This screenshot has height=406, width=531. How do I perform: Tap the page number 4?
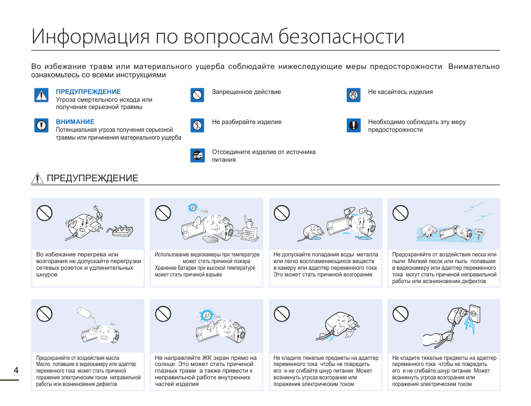[16, 370]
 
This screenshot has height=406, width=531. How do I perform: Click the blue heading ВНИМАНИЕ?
[75, 122]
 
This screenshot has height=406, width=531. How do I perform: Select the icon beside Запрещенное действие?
[197, 95]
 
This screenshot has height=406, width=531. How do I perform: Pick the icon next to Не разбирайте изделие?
[197, 125]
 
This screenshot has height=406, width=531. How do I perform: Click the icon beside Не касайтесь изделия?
[353, 95]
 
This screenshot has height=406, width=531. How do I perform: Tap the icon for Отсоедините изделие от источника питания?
[197, 155]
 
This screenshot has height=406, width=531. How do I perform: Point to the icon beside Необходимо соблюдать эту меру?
[353, 125]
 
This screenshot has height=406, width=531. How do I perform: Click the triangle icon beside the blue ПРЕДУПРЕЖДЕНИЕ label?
[41, 95]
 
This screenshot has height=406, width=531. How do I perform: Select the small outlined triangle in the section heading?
[37, 179]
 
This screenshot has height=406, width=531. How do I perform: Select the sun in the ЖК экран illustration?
[207, 315]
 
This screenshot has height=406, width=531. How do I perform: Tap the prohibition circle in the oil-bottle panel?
[45, 314]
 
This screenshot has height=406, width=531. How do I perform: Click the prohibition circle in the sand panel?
[401, 212]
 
